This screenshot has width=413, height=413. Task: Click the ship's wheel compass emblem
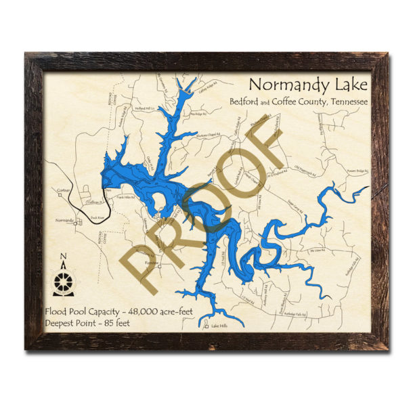click(64, 281)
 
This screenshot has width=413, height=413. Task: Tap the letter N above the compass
click(63, 256)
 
